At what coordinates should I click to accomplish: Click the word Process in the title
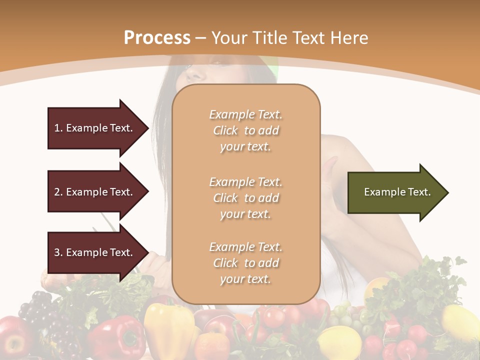pyautogui.click(x=157, y=37)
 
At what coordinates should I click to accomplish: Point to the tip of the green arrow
pyautogui.click(x=447, y=192)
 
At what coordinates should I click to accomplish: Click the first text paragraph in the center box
pyautogui.click(x=245, y=130)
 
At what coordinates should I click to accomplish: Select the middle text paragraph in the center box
pyautogui.click(x=245, y=198)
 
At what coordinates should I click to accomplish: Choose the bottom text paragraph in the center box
pyautogui.click(x=245, y=263)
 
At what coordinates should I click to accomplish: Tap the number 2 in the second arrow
pyautogui.click(x=57, y=192)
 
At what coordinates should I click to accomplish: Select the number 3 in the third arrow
pyautogui.click(x=57, y=252)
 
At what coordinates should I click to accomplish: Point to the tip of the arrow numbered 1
pyautogui.click(x=148, y=128)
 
